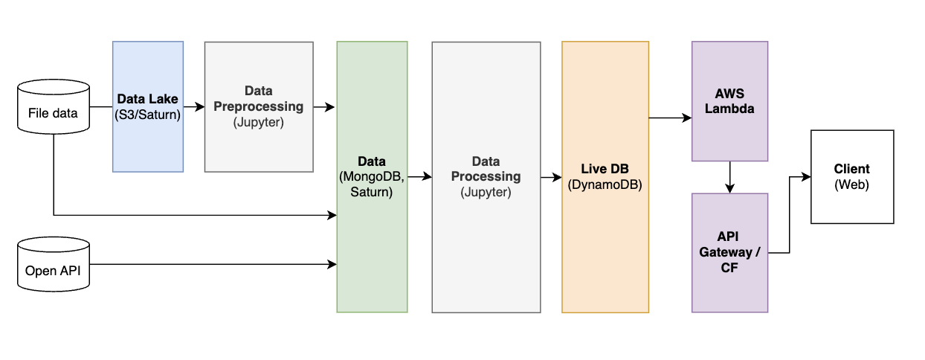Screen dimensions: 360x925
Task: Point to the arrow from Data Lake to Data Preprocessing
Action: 194,107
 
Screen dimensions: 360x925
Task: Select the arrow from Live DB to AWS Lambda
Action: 670,118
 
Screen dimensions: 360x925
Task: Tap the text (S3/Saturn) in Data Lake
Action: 148,115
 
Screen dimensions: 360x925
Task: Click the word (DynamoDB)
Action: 605,184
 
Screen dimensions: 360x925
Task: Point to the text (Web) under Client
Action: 852,184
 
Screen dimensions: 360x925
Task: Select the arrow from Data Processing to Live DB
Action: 551,177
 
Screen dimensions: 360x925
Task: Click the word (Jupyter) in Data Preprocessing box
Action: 259,122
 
